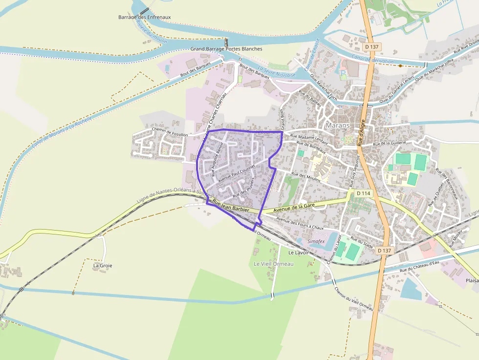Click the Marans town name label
338,126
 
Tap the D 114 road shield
363,193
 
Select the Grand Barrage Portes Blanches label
226,49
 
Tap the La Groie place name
103,266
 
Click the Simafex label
316,241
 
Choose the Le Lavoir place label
298,253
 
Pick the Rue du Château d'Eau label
419,267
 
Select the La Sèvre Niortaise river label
277,72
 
